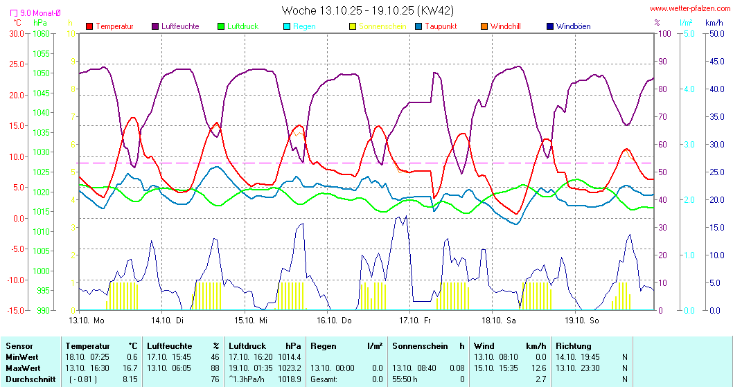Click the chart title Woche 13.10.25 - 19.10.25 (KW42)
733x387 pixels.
pos(368,10)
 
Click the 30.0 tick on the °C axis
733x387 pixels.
pos(16,33)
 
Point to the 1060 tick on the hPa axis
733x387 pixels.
pos(42,33)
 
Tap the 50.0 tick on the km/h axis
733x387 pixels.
pos(716,33)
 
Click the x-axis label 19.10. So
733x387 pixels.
pos(582,320)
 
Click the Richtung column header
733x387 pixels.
pos(574,345)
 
